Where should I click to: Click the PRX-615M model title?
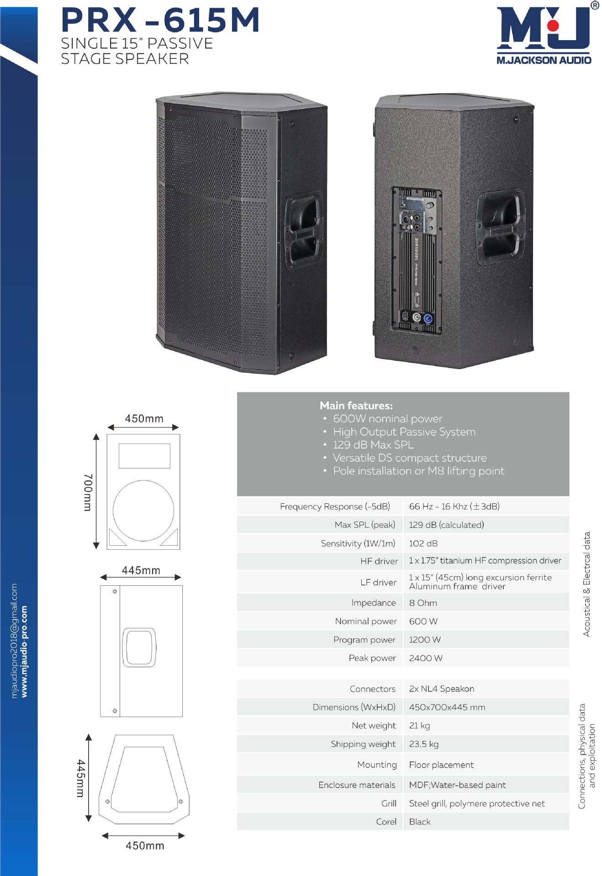[x=160, y=21]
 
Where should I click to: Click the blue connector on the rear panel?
[x=428, y=318]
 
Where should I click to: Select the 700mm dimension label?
[x=88, y=492]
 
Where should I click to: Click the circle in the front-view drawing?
[x=143, y=511]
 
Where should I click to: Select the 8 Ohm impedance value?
[x=423, y=603]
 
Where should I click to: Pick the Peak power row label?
[x=372, y=658]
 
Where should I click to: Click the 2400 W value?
[x=426, y=658]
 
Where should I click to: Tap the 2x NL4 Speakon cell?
[x=441, y=688]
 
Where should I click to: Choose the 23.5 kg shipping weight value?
[x=424, y=744]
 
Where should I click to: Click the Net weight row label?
[x=374, y=725]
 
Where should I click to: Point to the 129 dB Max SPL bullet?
[x=373, y=445]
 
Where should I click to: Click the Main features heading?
[x=356, y=406]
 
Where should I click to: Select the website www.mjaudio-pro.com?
[x=24, y=651]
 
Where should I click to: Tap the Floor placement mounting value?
[x=441, y=765]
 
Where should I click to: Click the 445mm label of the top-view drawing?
[x=80, y=778]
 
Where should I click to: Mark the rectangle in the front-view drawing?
[x=144, y=455]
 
